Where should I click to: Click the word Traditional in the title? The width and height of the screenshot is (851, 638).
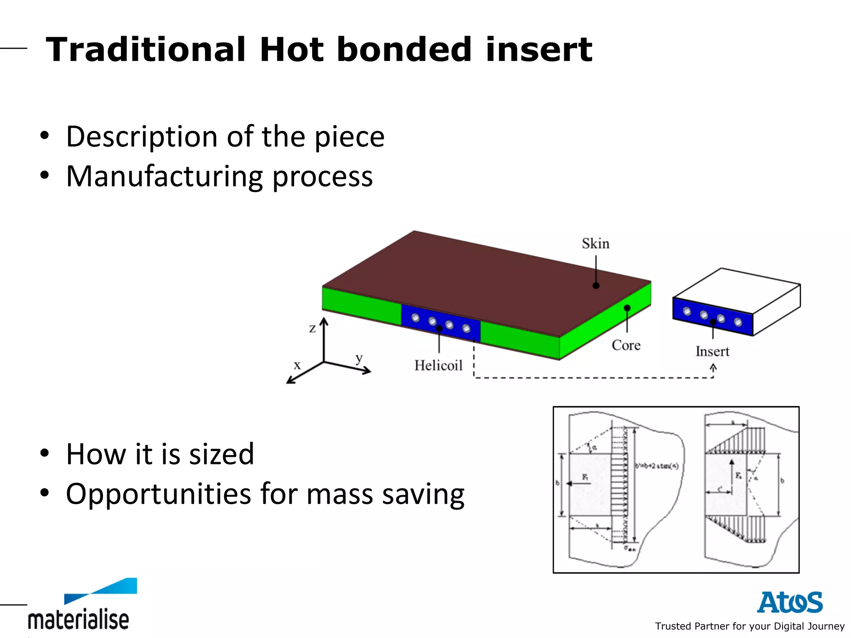tap(145, 50)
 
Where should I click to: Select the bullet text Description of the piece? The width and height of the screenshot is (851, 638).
tap(225, 137)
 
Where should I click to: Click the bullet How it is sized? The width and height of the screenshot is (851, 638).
tap(160, 454)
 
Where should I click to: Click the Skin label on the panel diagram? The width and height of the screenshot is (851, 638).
tap(595, 243)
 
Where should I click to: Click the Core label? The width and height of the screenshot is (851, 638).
tap(626, 345)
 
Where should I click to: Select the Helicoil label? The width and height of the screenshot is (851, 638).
tap(438, 366)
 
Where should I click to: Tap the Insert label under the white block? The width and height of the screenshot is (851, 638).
tap(712, 351)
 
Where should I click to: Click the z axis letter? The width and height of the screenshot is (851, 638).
tap(312, 328)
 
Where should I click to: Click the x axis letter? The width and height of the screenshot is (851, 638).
tap(297, 365)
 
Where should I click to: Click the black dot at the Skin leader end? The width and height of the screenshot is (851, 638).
tap(596, 286)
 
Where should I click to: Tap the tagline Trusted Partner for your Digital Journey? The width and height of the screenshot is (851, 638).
tap(750, 626)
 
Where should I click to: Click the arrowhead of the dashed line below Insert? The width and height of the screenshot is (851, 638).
tap(713, 367)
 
